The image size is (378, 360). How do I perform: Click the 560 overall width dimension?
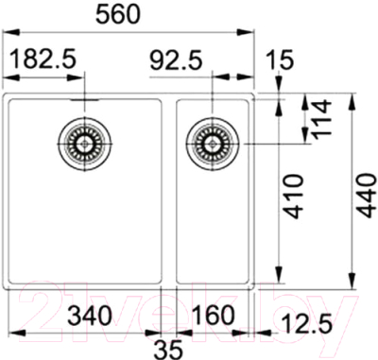[x=131, y=13]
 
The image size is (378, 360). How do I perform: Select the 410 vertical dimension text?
[x=294, y=196]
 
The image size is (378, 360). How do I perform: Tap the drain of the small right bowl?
[x=209, y=143]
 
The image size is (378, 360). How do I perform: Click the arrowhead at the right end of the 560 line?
[x=252, y=32]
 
